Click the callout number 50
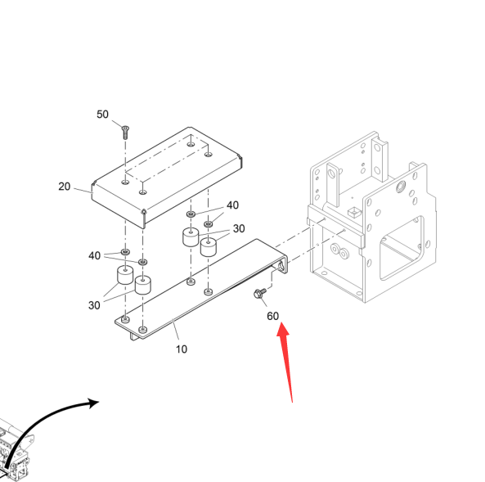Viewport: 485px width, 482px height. point(102,115)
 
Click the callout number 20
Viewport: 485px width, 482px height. point(65,187)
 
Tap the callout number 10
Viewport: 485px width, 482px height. point(182,349)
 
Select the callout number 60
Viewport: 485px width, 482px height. point(273,316)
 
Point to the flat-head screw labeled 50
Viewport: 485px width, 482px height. point(125,133)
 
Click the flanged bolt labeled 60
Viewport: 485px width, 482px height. point(260,293)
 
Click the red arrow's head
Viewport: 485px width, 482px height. point(283,330)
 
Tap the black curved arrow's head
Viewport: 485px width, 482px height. point(93,403)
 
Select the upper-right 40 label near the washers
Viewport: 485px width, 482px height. point(232,205)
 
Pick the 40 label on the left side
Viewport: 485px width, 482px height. point(94,255)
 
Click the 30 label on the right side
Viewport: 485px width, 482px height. point(239,229)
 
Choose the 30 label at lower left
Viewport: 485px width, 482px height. point(94,305)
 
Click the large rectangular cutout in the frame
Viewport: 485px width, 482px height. point(402,248)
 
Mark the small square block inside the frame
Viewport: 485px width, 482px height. point(354,212)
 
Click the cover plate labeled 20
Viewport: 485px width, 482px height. point(167,177)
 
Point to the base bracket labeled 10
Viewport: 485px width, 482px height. point(201,290)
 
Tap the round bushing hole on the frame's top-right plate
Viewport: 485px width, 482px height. point(401,187)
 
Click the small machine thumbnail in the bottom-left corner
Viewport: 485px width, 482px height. point(16,450)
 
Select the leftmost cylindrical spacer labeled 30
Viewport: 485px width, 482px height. point(125,275)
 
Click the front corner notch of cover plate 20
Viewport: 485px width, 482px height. point(143,212)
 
